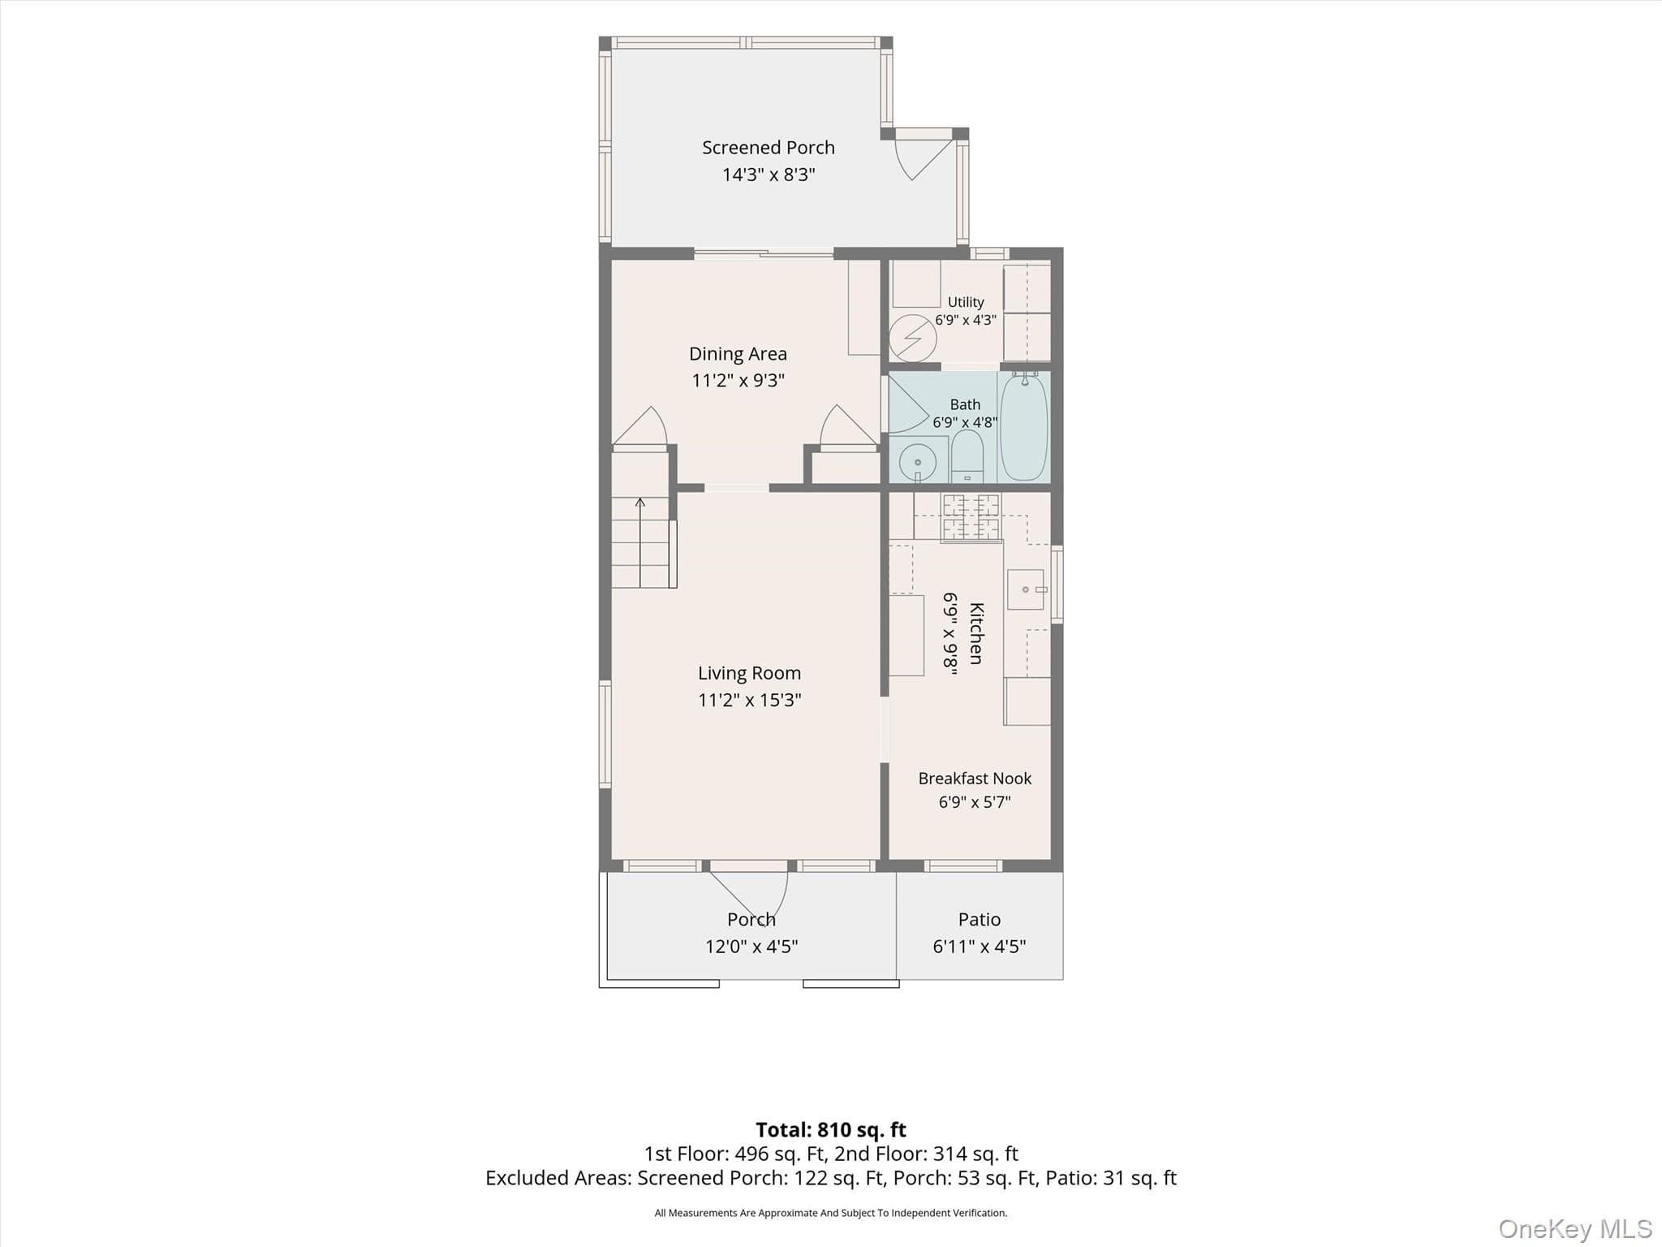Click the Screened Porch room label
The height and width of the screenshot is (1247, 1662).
768,148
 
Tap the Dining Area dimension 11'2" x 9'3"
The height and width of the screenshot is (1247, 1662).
738,380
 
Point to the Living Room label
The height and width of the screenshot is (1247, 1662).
749,673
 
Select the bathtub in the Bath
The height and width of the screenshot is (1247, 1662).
1024,426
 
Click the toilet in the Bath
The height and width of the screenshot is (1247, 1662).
967,456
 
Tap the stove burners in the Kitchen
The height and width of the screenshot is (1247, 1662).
971,516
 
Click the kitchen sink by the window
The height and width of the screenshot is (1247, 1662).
1026,589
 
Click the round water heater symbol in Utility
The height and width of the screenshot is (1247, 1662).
913,338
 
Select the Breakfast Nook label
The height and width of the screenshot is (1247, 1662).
975,779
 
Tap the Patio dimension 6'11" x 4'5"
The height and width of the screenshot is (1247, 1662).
980,946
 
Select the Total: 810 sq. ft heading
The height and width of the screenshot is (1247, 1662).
831,1129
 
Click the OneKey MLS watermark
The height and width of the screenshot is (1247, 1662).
1575,1229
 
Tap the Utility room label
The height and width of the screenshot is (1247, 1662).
966,302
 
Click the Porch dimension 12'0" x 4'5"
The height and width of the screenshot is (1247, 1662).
751,946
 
